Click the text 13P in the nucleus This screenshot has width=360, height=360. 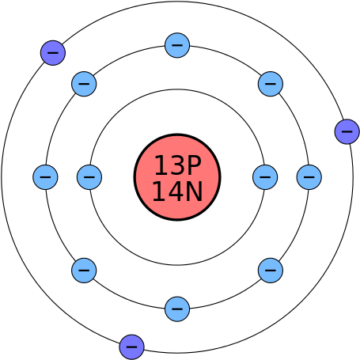tap(178, 165)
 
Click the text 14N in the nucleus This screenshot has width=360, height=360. tap(177, 191)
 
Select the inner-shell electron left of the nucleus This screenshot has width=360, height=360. tap(89, 177)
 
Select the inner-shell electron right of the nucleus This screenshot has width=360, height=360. tap(265, 177)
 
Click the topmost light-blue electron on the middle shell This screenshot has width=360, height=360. tap(177, 45)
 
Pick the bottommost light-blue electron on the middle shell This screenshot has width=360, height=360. tap(177, 309)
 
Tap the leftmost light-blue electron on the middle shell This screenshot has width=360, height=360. tap(45, 177)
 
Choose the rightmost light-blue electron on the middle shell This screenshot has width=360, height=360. tap(309, 177)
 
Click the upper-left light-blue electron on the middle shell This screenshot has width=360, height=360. tap(84, 84)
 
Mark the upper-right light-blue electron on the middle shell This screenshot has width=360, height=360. tap(271, 84)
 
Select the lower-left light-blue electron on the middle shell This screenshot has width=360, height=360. tap(84, 271)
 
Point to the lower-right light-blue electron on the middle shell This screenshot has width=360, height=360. tap(271, 271)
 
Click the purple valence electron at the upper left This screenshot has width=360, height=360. tap(53, 53)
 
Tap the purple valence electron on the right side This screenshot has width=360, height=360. tap(347, 131)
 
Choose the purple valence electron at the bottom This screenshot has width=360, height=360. tap(132, 347)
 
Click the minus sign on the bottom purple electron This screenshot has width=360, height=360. tap(132, 347)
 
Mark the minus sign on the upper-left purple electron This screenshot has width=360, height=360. tap(53, 53)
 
